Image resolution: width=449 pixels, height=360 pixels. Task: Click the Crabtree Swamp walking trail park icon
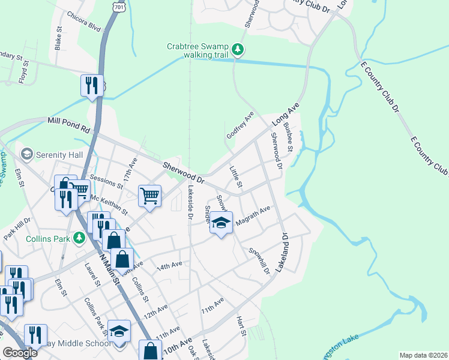pyautogui.click(x=238, y=49)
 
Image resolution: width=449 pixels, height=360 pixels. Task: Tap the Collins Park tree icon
pyautogui.click(x=79, y=238)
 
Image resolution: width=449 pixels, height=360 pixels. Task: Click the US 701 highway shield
pyautogui.click(x=119, y=8)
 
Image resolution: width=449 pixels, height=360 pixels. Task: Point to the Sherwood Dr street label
pyautogui.click(x=184, y=172)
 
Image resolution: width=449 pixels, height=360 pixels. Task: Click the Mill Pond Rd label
pyautogui.click(x=68, y=124)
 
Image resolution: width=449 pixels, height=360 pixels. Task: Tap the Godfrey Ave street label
pyautogui.click(x=240, y=125)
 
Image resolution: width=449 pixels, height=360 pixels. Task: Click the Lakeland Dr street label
pyautogui.click(x=283, y=254)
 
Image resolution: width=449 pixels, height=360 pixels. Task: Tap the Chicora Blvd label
pyautogui.click(x=84, y=21)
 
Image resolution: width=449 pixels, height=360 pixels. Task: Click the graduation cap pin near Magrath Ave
pyautogui.click(x=221, y=223)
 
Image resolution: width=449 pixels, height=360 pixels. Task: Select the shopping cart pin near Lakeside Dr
pyautogui.click(x=149, y=195)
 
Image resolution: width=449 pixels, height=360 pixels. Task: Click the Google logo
pyautogui.click(x=20, y=353)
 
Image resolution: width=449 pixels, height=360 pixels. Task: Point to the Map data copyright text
pyautogui.click(x=424, y=355)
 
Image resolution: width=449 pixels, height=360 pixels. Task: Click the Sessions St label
pyautogui.click(x=106, y=182)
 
